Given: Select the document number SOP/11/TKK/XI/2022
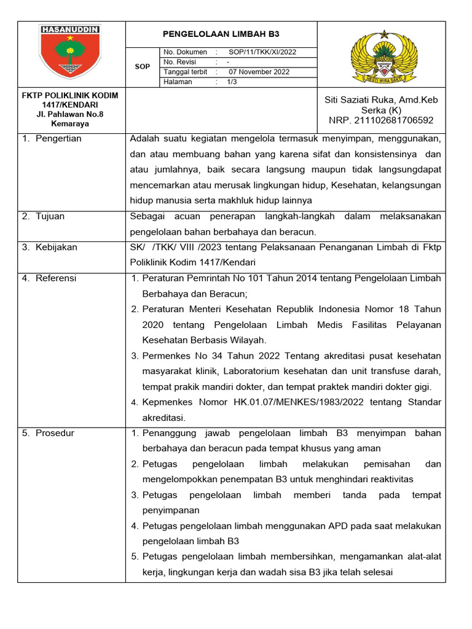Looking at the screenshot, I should pyautogui.click(x=262, y=52).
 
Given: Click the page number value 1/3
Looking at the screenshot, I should pyautogui.click(x=232, y=82).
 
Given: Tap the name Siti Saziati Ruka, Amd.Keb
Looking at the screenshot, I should pyautogui.click(x=381, y=100).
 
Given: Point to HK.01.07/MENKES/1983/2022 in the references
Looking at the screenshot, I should pyautogui.click(x=319, y=402).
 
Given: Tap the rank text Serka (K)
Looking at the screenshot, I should pyautogui.click(x=381, y=111).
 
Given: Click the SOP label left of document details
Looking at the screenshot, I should pyautogui.click(x=142, y=66).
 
